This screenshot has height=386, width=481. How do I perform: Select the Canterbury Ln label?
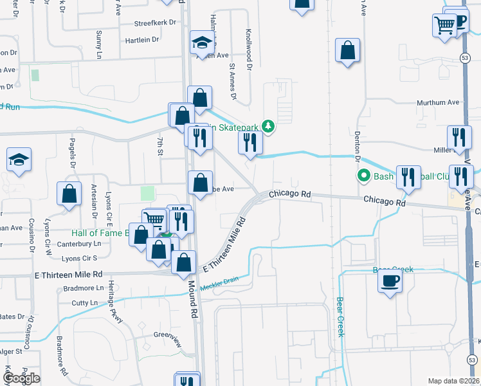click(80, 244)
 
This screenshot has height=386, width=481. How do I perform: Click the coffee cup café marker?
click(390, 281)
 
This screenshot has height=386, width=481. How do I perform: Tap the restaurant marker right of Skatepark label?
click(250, 143)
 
